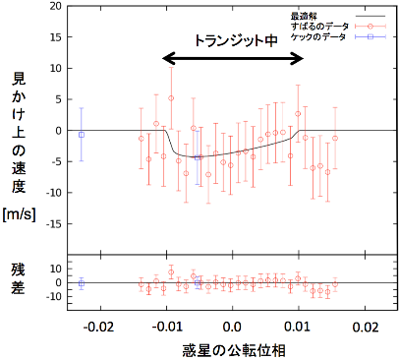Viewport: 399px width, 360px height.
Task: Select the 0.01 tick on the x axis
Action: coord(299,326)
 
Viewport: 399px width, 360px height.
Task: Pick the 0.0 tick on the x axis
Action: coord(233,326)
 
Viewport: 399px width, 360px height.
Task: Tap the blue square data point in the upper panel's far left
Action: coord(82,134)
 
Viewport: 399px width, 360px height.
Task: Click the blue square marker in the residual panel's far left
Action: coord(82,283)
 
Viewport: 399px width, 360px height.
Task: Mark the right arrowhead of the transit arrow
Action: coord(300,58)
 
